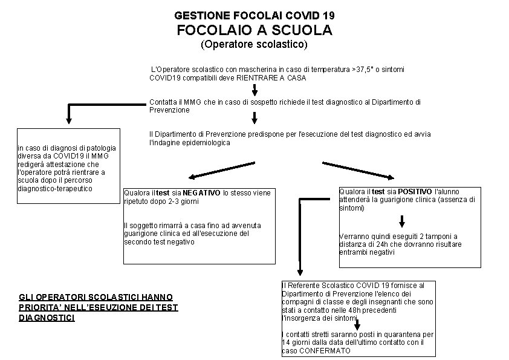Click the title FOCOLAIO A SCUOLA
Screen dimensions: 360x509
click(x=254, y=30)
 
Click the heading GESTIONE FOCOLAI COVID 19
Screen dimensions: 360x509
click(x=254, y=14)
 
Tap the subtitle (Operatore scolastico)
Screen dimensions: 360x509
click(x=254, y=44)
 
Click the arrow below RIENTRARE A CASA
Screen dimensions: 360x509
click(x=254, y=90)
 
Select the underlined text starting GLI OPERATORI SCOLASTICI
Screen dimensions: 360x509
click(x=98, y=307)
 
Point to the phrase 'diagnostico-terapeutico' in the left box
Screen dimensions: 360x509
click(x=55, y=188)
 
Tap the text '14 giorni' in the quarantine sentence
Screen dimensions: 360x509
click(x=300, y=342)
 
